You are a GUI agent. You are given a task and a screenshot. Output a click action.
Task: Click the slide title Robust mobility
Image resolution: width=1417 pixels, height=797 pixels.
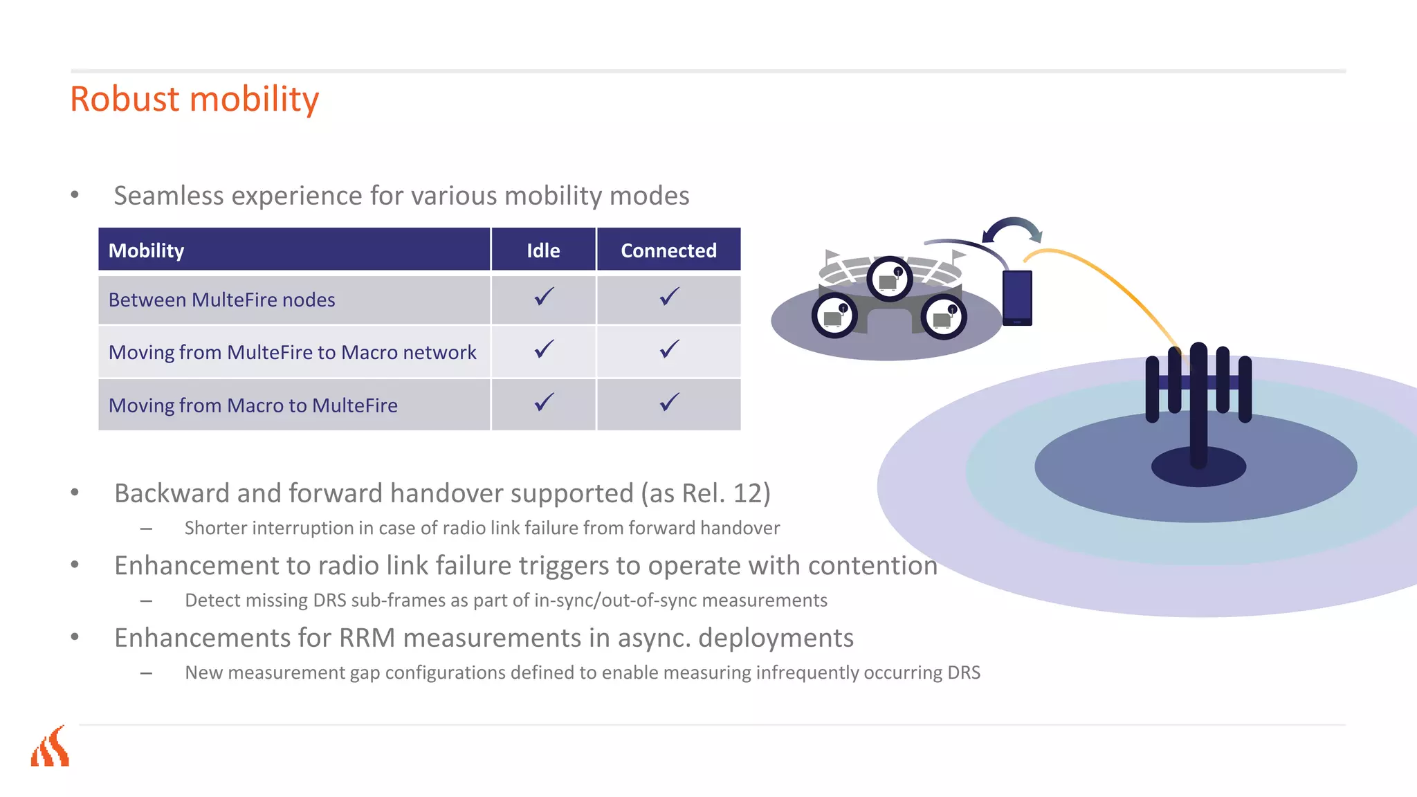pos(194,99)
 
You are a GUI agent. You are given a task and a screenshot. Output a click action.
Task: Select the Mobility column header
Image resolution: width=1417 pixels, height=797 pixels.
pos(147,250)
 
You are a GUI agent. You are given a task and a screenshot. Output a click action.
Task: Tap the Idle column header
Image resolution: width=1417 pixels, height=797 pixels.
pos(543,250)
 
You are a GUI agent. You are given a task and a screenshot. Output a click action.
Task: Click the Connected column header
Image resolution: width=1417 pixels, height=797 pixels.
pos(668,250)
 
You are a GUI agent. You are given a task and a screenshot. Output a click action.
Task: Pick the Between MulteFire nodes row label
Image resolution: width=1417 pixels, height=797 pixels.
pos(221,300)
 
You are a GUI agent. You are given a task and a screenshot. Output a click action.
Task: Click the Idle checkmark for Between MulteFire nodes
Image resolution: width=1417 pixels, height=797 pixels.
pos(544,297)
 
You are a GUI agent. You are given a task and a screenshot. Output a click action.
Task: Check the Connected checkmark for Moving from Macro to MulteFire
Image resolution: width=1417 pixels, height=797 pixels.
pos(669,402)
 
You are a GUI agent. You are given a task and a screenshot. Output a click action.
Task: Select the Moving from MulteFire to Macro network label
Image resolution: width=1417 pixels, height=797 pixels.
pos(292,353)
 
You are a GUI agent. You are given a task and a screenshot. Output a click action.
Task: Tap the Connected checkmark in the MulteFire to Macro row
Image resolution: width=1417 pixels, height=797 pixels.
pos(669,349)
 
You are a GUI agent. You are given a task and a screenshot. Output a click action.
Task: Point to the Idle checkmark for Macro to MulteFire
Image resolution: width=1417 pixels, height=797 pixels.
pos(544,402)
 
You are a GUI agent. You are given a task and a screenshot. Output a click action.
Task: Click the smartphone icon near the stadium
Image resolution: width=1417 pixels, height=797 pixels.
pos(1017,297)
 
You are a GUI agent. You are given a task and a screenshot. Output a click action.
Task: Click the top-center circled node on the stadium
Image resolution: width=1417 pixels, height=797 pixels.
pos(890,279)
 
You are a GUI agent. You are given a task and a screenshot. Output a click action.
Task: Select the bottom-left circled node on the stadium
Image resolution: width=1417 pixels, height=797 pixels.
pos(834,316)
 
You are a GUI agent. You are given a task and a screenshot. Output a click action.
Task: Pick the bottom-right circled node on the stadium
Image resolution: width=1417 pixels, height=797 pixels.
pos(944,317)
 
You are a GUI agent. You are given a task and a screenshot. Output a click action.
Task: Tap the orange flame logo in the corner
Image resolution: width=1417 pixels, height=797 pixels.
pos(50,747)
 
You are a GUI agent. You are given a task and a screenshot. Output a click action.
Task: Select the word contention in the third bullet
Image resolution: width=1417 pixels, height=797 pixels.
pos(872,566)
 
